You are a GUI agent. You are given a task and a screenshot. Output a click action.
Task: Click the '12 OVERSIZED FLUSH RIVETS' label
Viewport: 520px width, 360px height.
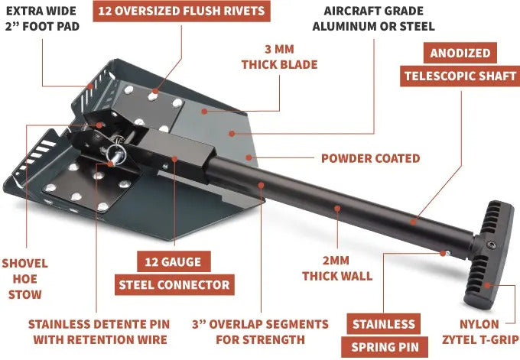click(181, 11)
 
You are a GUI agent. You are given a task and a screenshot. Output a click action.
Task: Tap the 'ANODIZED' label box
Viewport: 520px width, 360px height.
click(460, 53)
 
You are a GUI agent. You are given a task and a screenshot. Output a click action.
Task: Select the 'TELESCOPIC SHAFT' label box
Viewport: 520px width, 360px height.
click(460, 76)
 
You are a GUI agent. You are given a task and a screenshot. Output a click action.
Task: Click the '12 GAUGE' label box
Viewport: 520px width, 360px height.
click(174, 262)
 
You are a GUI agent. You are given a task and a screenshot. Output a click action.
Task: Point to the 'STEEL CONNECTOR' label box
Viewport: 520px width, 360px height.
click(174, 285)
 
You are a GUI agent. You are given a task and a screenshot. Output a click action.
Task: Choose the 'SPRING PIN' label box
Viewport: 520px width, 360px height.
click(385, 348)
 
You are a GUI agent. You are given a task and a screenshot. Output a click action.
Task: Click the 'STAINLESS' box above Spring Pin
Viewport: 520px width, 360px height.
click(383, 324)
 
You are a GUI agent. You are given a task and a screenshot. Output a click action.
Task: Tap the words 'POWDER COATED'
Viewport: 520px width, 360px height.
click(370, 158)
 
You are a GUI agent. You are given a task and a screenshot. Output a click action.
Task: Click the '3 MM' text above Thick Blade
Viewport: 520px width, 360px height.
click(279, 50)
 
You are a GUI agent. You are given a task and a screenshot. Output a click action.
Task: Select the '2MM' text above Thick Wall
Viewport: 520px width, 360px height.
click(336, 261)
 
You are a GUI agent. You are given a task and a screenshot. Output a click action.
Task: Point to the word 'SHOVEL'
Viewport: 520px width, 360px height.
click(25, 264)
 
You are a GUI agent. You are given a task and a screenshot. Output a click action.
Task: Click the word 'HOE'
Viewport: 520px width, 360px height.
click(25, 279)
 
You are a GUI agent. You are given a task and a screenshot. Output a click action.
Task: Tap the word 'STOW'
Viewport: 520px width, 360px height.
click(25, 295)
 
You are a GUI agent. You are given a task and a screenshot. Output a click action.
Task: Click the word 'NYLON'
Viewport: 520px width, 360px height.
click(479, 324)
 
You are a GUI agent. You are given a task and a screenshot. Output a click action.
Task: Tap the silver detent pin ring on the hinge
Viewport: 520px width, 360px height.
click(119, 151)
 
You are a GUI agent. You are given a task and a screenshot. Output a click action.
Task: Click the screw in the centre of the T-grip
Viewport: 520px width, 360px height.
click(492, 245)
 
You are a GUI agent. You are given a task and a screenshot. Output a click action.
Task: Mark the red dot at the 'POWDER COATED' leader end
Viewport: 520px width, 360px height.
click(249, 157)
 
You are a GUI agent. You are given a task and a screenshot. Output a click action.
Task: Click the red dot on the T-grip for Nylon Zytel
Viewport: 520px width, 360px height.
click(486, 285)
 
